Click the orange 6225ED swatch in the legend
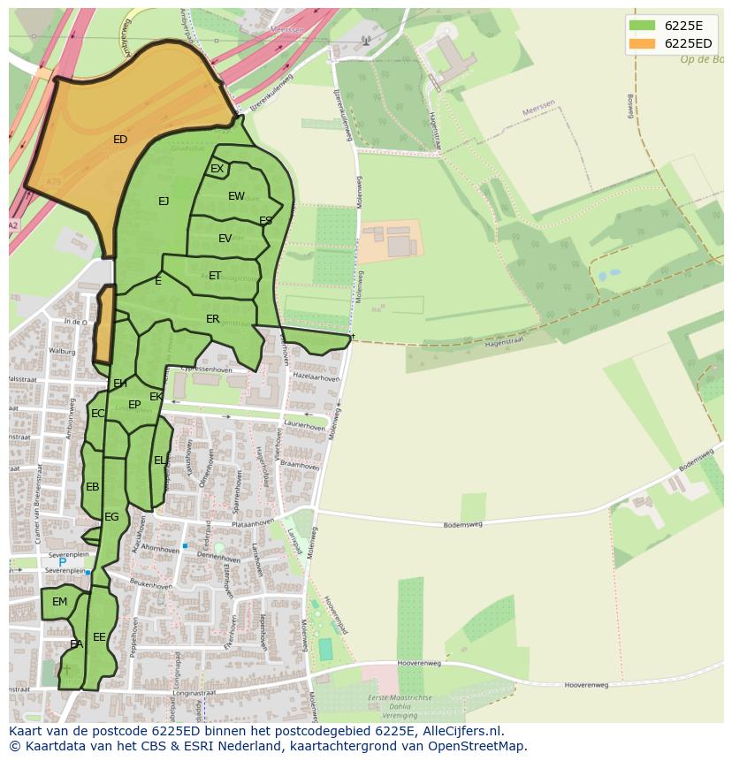(643, 43)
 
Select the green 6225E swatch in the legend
(643, 25)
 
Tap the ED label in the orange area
(120, 140)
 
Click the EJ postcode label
(164, 202)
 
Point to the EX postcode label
(217, 169)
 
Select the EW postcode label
(236, 196)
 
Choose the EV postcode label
(225, 239)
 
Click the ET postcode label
(215, 276)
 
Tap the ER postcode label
(212, 319)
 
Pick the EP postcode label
(134, 405)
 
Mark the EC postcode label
(97, 414)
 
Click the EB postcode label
(93, 487)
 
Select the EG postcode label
(111, 517)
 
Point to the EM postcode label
(59, 602)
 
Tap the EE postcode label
(99, 636)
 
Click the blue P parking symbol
(62, 562)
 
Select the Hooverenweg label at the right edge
(586, 685)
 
